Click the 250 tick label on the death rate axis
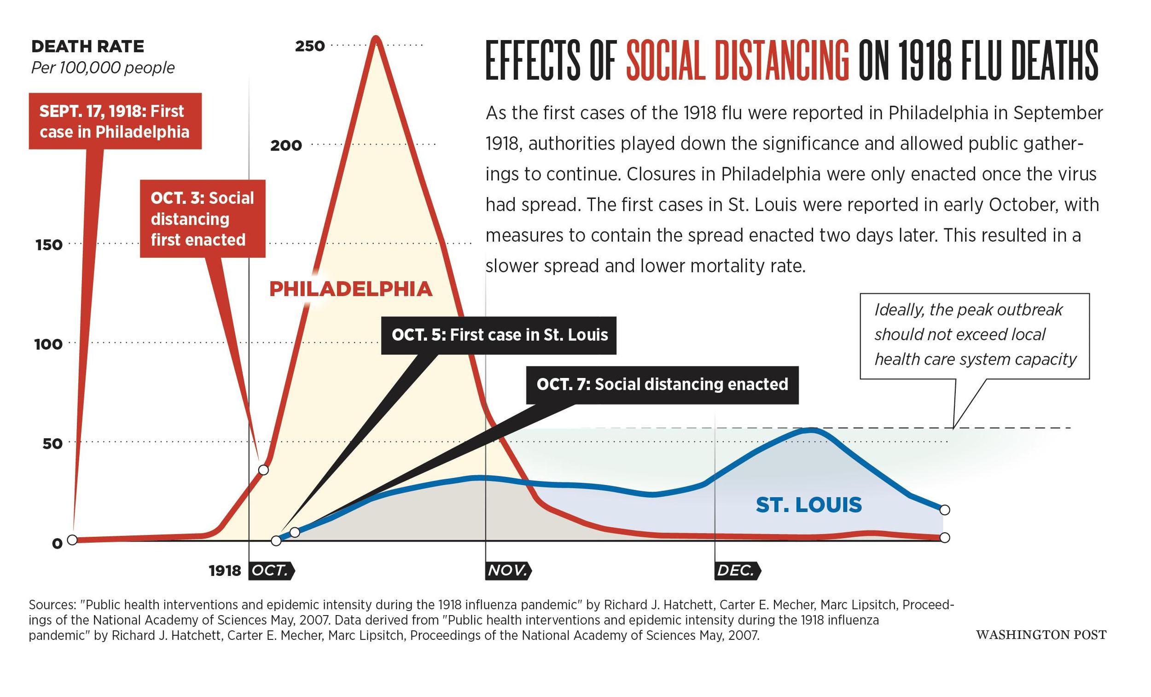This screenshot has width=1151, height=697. [x=310, y=46]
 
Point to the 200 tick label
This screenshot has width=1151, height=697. [x=286, y=145]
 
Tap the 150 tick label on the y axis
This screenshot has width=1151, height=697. [x=49, y=245]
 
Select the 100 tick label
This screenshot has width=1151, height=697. [x=48, y=345]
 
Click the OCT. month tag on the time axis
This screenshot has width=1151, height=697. [x=271, y=570]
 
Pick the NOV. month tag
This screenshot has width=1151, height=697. [x=508, y=570]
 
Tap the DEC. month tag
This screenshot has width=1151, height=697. [x=738, y=570]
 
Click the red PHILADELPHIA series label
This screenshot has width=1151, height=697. [x=351, y=289]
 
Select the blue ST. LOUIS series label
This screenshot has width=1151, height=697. [x=808, y=505]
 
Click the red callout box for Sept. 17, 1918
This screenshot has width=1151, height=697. [x=115, y=121]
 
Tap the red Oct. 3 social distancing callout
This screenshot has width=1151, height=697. [x=203, y=219]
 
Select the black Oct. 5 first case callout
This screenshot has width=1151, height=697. [x=499, y=336]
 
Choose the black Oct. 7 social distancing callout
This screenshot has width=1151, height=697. [x=663, y=385]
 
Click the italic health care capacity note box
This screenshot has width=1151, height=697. [x=975, y=336]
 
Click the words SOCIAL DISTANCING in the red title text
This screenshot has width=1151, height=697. [x=738, y=61]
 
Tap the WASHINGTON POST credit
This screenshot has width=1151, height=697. [x=1041, y=635]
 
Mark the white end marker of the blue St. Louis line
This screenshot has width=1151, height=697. [x=945, y=509]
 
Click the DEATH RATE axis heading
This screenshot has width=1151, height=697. [x=88, y=46]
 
